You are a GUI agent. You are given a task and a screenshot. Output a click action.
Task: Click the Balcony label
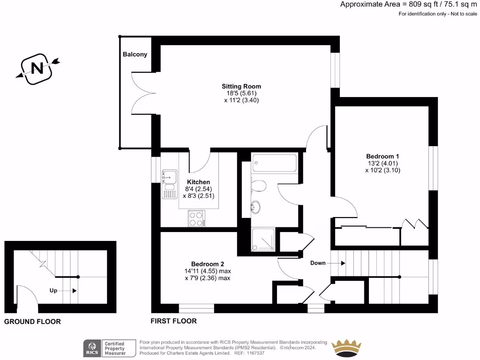pos(135,54)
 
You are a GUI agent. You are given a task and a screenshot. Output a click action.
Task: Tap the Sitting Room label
pos(241,86)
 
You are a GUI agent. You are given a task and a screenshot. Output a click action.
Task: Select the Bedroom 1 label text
pos(382,156)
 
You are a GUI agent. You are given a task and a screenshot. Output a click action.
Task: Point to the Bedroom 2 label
pos(211,264)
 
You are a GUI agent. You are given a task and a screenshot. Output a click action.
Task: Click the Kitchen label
pos(198,182)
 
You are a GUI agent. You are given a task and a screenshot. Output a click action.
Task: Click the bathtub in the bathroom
pos(274,163)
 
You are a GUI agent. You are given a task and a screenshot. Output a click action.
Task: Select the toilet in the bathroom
pos(258,186)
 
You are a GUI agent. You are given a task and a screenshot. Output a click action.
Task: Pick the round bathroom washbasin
pos(256,207)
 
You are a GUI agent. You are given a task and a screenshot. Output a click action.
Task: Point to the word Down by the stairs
pos(318,263)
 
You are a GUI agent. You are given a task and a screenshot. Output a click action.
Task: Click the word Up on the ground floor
pos(53,291)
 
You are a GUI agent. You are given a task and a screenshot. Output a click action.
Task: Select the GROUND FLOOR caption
pos(32,322)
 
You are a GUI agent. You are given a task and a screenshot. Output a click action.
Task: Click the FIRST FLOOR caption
pos(173,321)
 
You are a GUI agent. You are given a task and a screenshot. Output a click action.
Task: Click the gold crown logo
pos(346,348)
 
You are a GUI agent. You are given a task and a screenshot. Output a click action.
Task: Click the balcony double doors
pos(141,93)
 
